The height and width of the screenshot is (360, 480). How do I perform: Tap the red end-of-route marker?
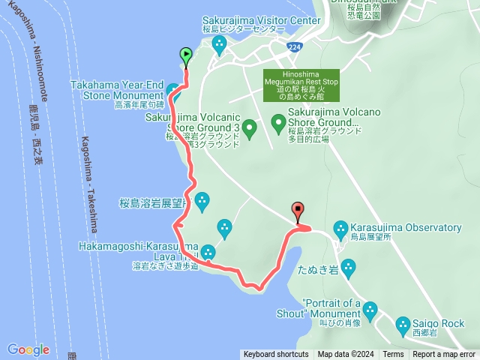(298, 211)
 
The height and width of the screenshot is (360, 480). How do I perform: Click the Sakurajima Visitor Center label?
(250, 21)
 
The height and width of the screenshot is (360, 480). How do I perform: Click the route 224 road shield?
(295, 46)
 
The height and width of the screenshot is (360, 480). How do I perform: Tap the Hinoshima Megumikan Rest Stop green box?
(301, 85)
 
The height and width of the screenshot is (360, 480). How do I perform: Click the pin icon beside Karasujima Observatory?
(341, 227)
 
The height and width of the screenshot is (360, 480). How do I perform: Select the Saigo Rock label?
(439, 324)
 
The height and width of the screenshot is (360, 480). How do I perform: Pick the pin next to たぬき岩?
(348, 267)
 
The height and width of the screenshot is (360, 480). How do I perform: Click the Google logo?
(28, 349)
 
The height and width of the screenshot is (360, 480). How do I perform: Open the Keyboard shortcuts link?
(276, 355)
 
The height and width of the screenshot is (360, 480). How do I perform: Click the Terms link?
(393, 355)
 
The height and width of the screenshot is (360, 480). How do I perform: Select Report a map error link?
(445, 355)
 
